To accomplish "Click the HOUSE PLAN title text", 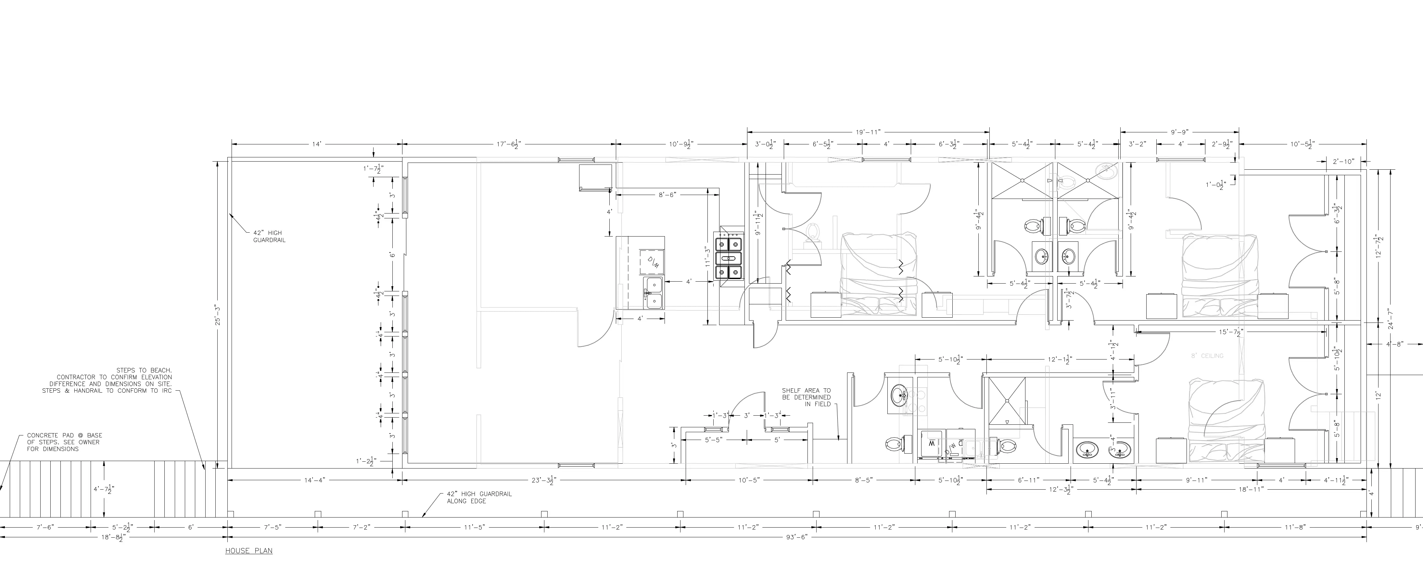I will pos(248,551).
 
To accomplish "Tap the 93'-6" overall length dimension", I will pos(796,537).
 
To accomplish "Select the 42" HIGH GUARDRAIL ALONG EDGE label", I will pos(479,497).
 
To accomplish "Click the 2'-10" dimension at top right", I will pos(1343,162).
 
